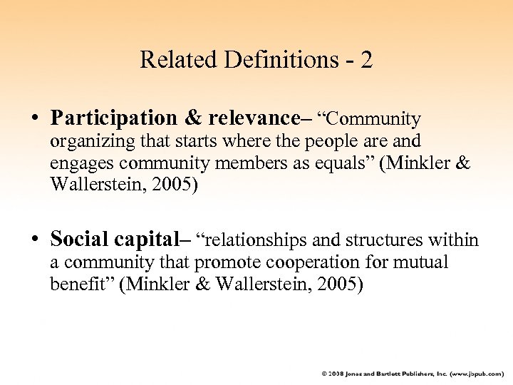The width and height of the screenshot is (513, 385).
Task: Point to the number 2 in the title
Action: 366,59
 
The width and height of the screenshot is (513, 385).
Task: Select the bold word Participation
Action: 113,118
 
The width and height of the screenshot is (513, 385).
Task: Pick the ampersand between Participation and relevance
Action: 189,118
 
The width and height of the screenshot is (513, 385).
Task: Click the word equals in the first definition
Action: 347,163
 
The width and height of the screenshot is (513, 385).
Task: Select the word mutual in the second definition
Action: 420,263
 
